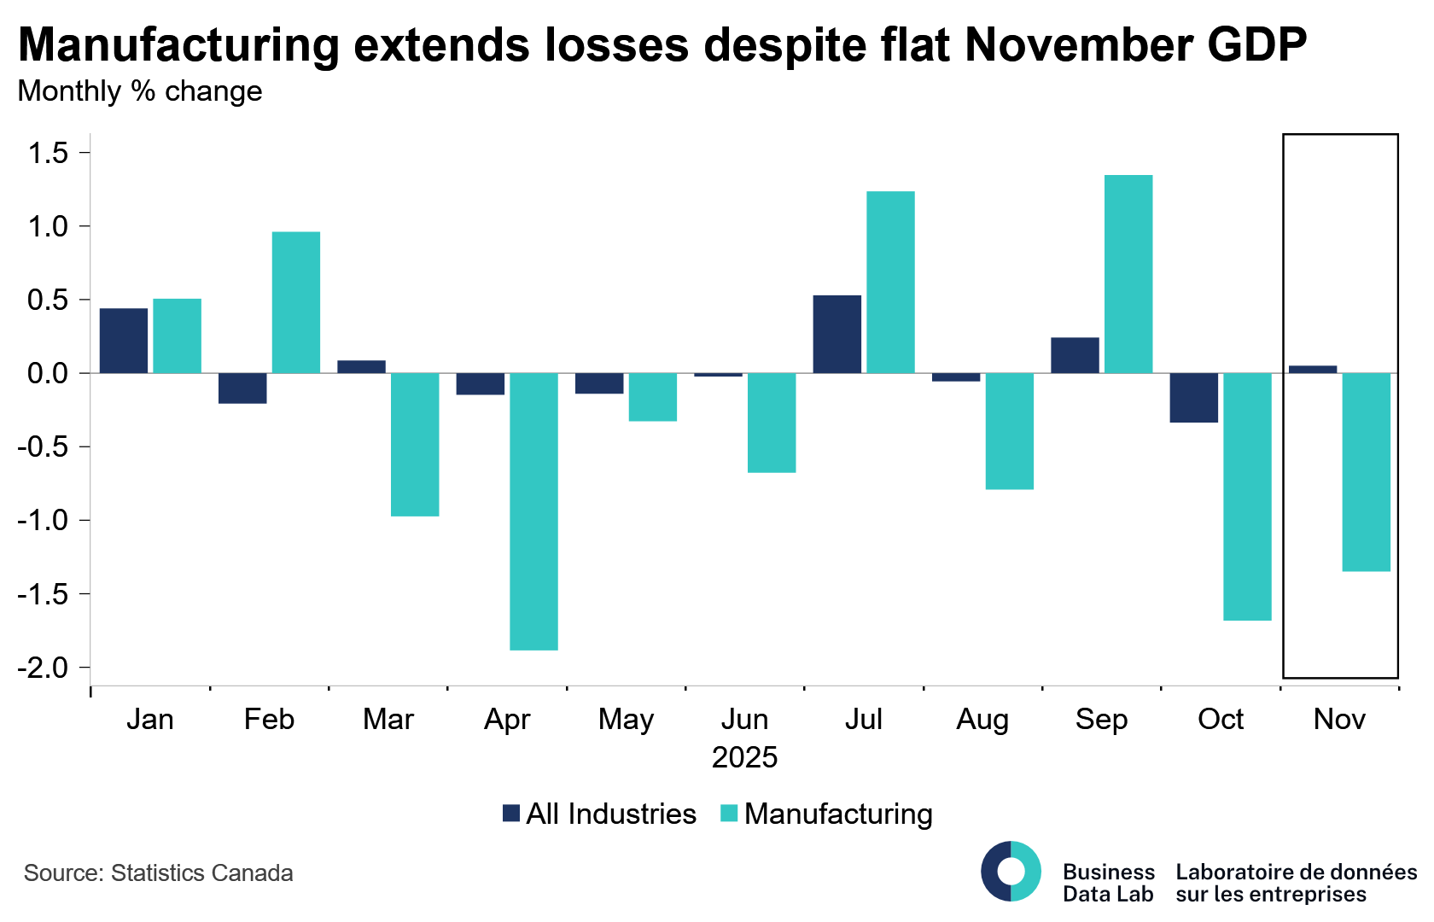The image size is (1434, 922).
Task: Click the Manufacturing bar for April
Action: pos(533,511)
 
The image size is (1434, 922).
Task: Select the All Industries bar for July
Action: pos(836,334)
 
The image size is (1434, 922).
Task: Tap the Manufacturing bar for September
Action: pos(1128,274)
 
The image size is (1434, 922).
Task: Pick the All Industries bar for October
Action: pos(1193,398)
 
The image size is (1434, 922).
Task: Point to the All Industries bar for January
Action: pos(123,341)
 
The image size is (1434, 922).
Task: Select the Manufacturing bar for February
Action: pos(296,302)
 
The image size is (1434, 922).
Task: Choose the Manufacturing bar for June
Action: pos(772,423)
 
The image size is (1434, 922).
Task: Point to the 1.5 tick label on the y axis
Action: pos(48,154)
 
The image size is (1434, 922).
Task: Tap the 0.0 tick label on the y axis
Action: pos(48,374)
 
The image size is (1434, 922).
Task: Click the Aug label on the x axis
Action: pos(982,720)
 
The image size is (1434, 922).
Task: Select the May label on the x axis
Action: pos(626,720)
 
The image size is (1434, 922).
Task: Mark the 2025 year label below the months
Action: pos(744,757)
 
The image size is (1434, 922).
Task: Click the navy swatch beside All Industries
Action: pos(511,814)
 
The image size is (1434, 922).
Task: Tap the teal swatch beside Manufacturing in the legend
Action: pos(729,814)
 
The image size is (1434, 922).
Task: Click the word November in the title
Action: pos(1077,44)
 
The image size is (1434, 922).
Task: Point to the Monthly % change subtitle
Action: pos(140,91)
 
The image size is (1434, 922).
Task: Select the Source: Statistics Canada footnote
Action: pos(159,873)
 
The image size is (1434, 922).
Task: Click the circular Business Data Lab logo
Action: pos(1011,872)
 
